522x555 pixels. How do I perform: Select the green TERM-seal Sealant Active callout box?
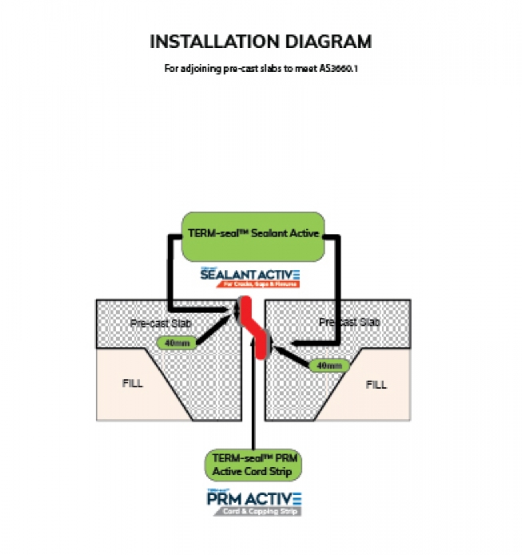tap(253, 235)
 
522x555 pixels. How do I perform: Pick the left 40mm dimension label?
tap(173, 343)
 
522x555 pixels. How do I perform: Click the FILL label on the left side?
tap(133, 383)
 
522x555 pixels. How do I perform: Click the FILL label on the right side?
tap(376, 384)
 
